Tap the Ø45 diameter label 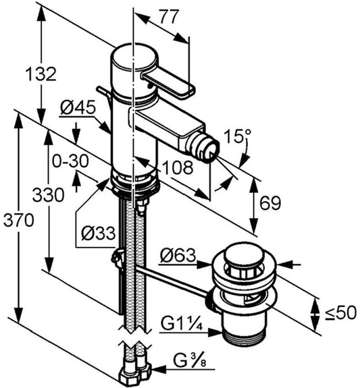point(76,107)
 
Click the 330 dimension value point(49,195)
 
